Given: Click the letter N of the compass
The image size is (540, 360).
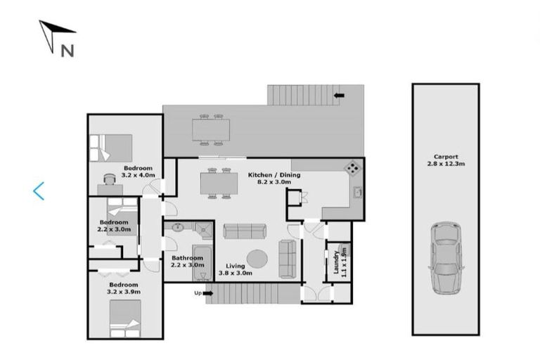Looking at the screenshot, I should [x=67, y=50].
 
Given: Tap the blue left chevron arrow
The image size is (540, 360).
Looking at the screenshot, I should [x=39, y=191].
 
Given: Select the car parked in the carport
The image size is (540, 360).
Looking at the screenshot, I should [x=444, y=257].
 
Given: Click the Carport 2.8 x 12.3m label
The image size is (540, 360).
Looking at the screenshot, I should [x=445, y=160].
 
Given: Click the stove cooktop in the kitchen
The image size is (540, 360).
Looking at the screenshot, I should [x=352, y=167].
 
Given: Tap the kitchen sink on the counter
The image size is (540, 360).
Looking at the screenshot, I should [x=357, y=191].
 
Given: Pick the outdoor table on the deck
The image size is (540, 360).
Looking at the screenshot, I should [x=211, y=129].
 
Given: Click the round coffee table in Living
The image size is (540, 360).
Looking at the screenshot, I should [x=257, y=259].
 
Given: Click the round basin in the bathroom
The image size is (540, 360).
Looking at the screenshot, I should [x=177, y=228].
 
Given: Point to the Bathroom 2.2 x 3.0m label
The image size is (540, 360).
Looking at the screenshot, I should [x=188, y=262].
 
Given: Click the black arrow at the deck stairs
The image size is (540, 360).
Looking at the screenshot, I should [x=340, y=95].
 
